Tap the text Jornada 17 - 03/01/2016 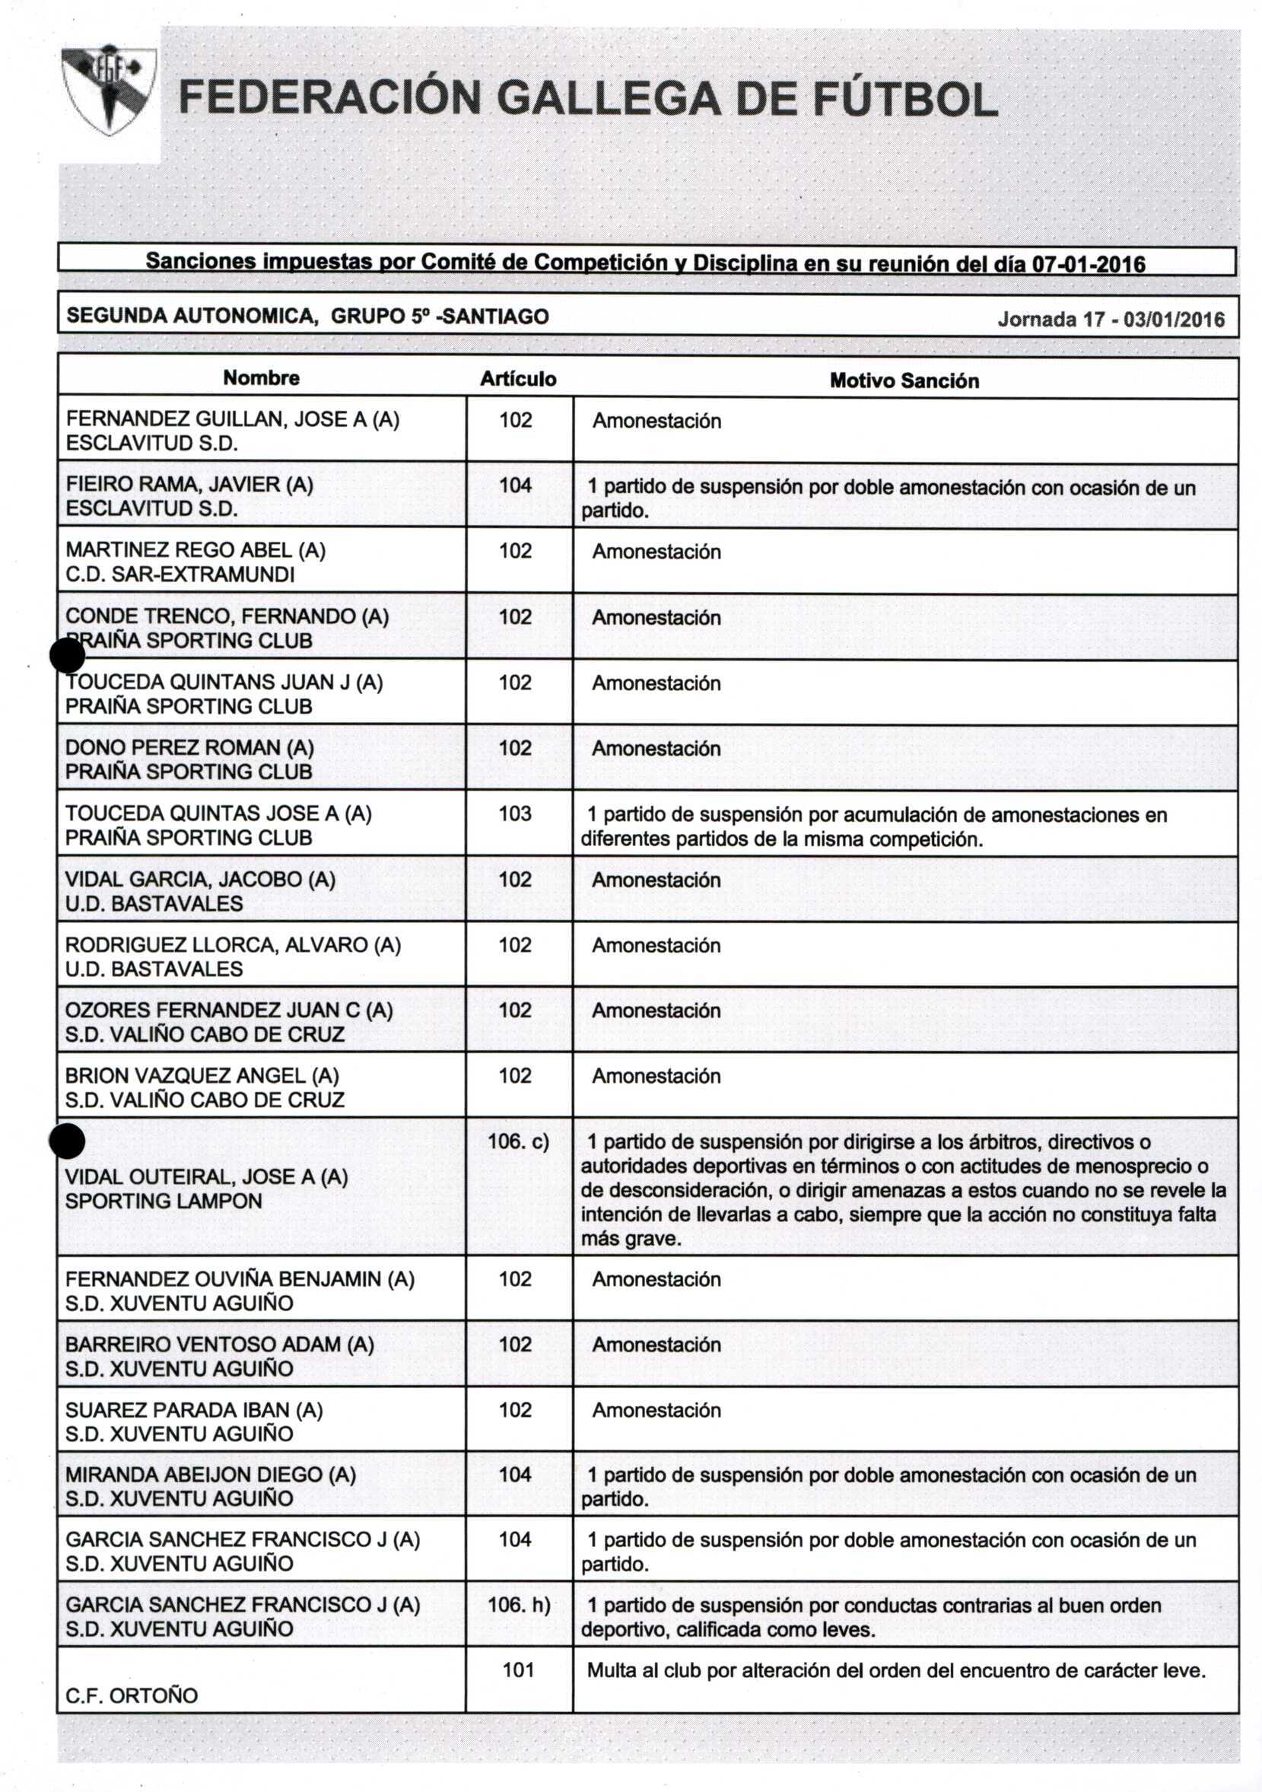[1111, 320]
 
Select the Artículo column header [517, 379]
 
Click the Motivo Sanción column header [904, 381]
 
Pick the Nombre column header [261, 377]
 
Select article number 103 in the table [515, 813]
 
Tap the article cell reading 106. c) [518, 1141]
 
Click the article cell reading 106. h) [519, 1605]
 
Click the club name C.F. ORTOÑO [131, 1695]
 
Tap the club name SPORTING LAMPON [163, 1201]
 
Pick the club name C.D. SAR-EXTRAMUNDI [180, 575]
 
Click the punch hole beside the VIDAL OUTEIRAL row [66, 1142]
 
